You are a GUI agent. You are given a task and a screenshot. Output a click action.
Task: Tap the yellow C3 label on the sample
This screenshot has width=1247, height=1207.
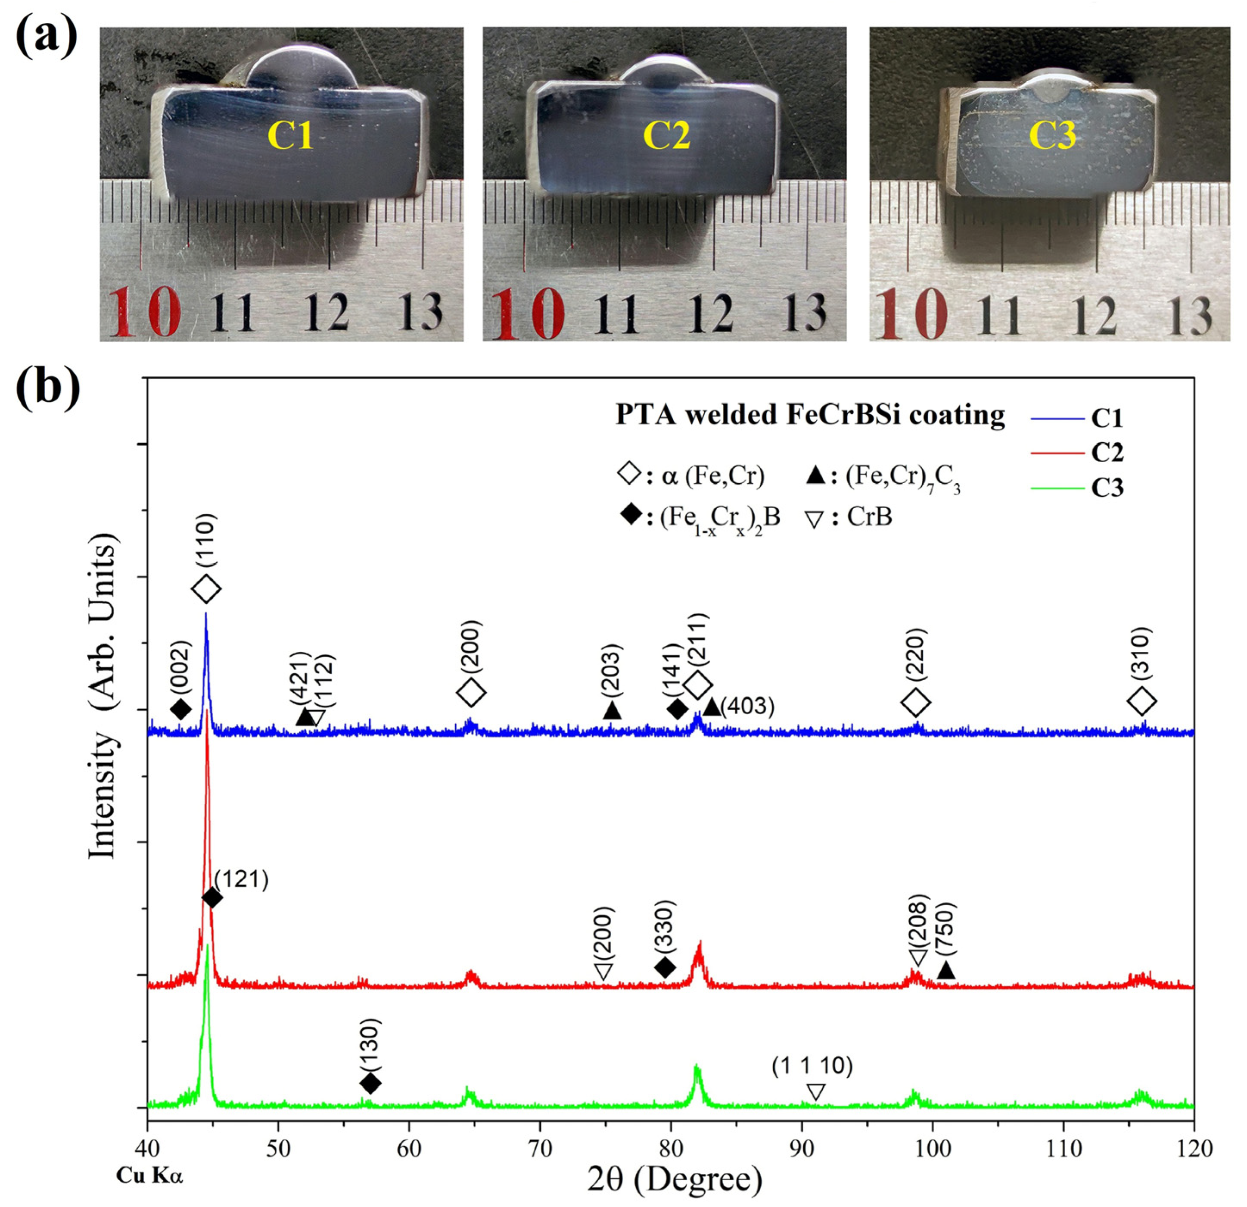pos(1052,136)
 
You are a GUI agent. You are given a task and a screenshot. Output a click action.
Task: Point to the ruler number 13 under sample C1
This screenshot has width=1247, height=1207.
pos(420,312)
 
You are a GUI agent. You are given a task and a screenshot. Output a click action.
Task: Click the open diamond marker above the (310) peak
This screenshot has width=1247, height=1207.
pos(1141,701)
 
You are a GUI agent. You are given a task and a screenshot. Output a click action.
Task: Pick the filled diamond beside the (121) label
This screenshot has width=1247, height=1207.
pos(212,897)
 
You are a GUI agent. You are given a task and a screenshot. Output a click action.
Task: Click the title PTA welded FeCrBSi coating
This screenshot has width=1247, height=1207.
pos(810,414)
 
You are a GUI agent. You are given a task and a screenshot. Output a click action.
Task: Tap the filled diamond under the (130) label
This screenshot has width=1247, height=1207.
pos(370,1082)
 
